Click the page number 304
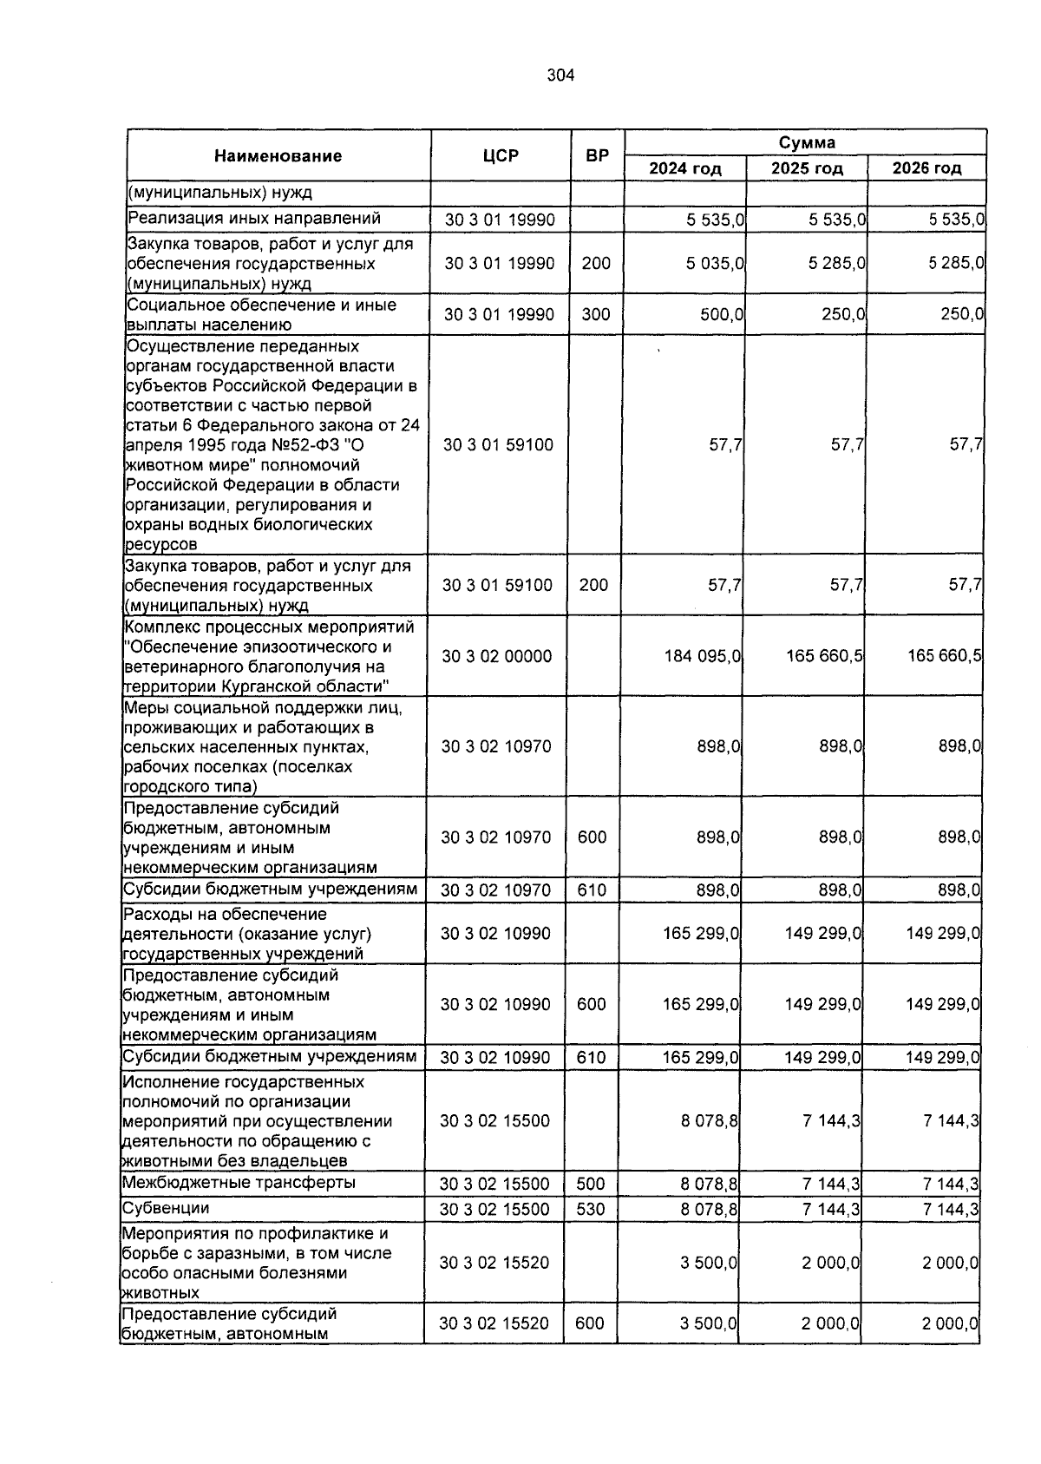(560, 75)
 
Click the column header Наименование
(278, 156)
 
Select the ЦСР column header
(501, 156)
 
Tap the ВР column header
(597, 156)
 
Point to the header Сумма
(806, 142)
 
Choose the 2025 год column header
(806, 168)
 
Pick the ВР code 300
(596, 314)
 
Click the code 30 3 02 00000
(497, 656)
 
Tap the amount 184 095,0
(702, 656)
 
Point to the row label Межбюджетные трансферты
(239, 1183)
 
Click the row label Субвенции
(166, 1208)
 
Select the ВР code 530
(591, 1209)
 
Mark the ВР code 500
(591, 1184)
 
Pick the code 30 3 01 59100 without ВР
(498, 445)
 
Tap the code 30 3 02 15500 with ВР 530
(494, 1209)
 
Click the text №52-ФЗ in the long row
(284, 445)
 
